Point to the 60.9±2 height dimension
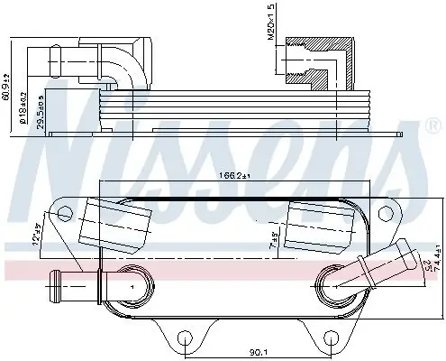coord(8,89)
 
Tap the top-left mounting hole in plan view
coord(64,214)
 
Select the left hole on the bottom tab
coord(185,339)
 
